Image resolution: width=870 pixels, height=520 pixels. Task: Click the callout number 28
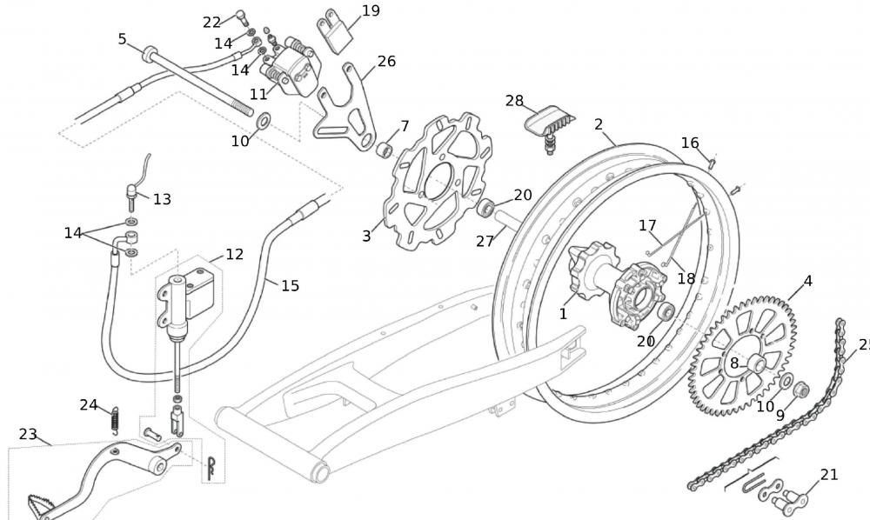pos(514,101)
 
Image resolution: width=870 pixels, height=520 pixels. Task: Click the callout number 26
pos(386,61)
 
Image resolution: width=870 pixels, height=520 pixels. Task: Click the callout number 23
pos(28,434)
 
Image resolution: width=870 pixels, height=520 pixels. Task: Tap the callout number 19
pos(371,11)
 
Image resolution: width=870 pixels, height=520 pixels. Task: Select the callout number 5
pos(122,38)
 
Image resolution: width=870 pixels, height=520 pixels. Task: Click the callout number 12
pos(234,255)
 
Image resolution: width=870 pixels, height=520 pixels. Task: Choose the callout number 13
pos(162,199)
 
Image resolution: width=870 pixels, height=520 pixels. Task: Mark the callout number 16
pos(690,143)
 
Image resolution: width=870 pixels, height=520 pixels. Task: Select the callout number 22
pos(212,22)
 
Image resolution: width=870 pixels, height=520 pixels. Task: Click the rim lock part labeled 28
pos(545,122)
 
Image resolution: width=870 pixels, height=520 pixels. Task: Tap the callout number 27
pos(484,241)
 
